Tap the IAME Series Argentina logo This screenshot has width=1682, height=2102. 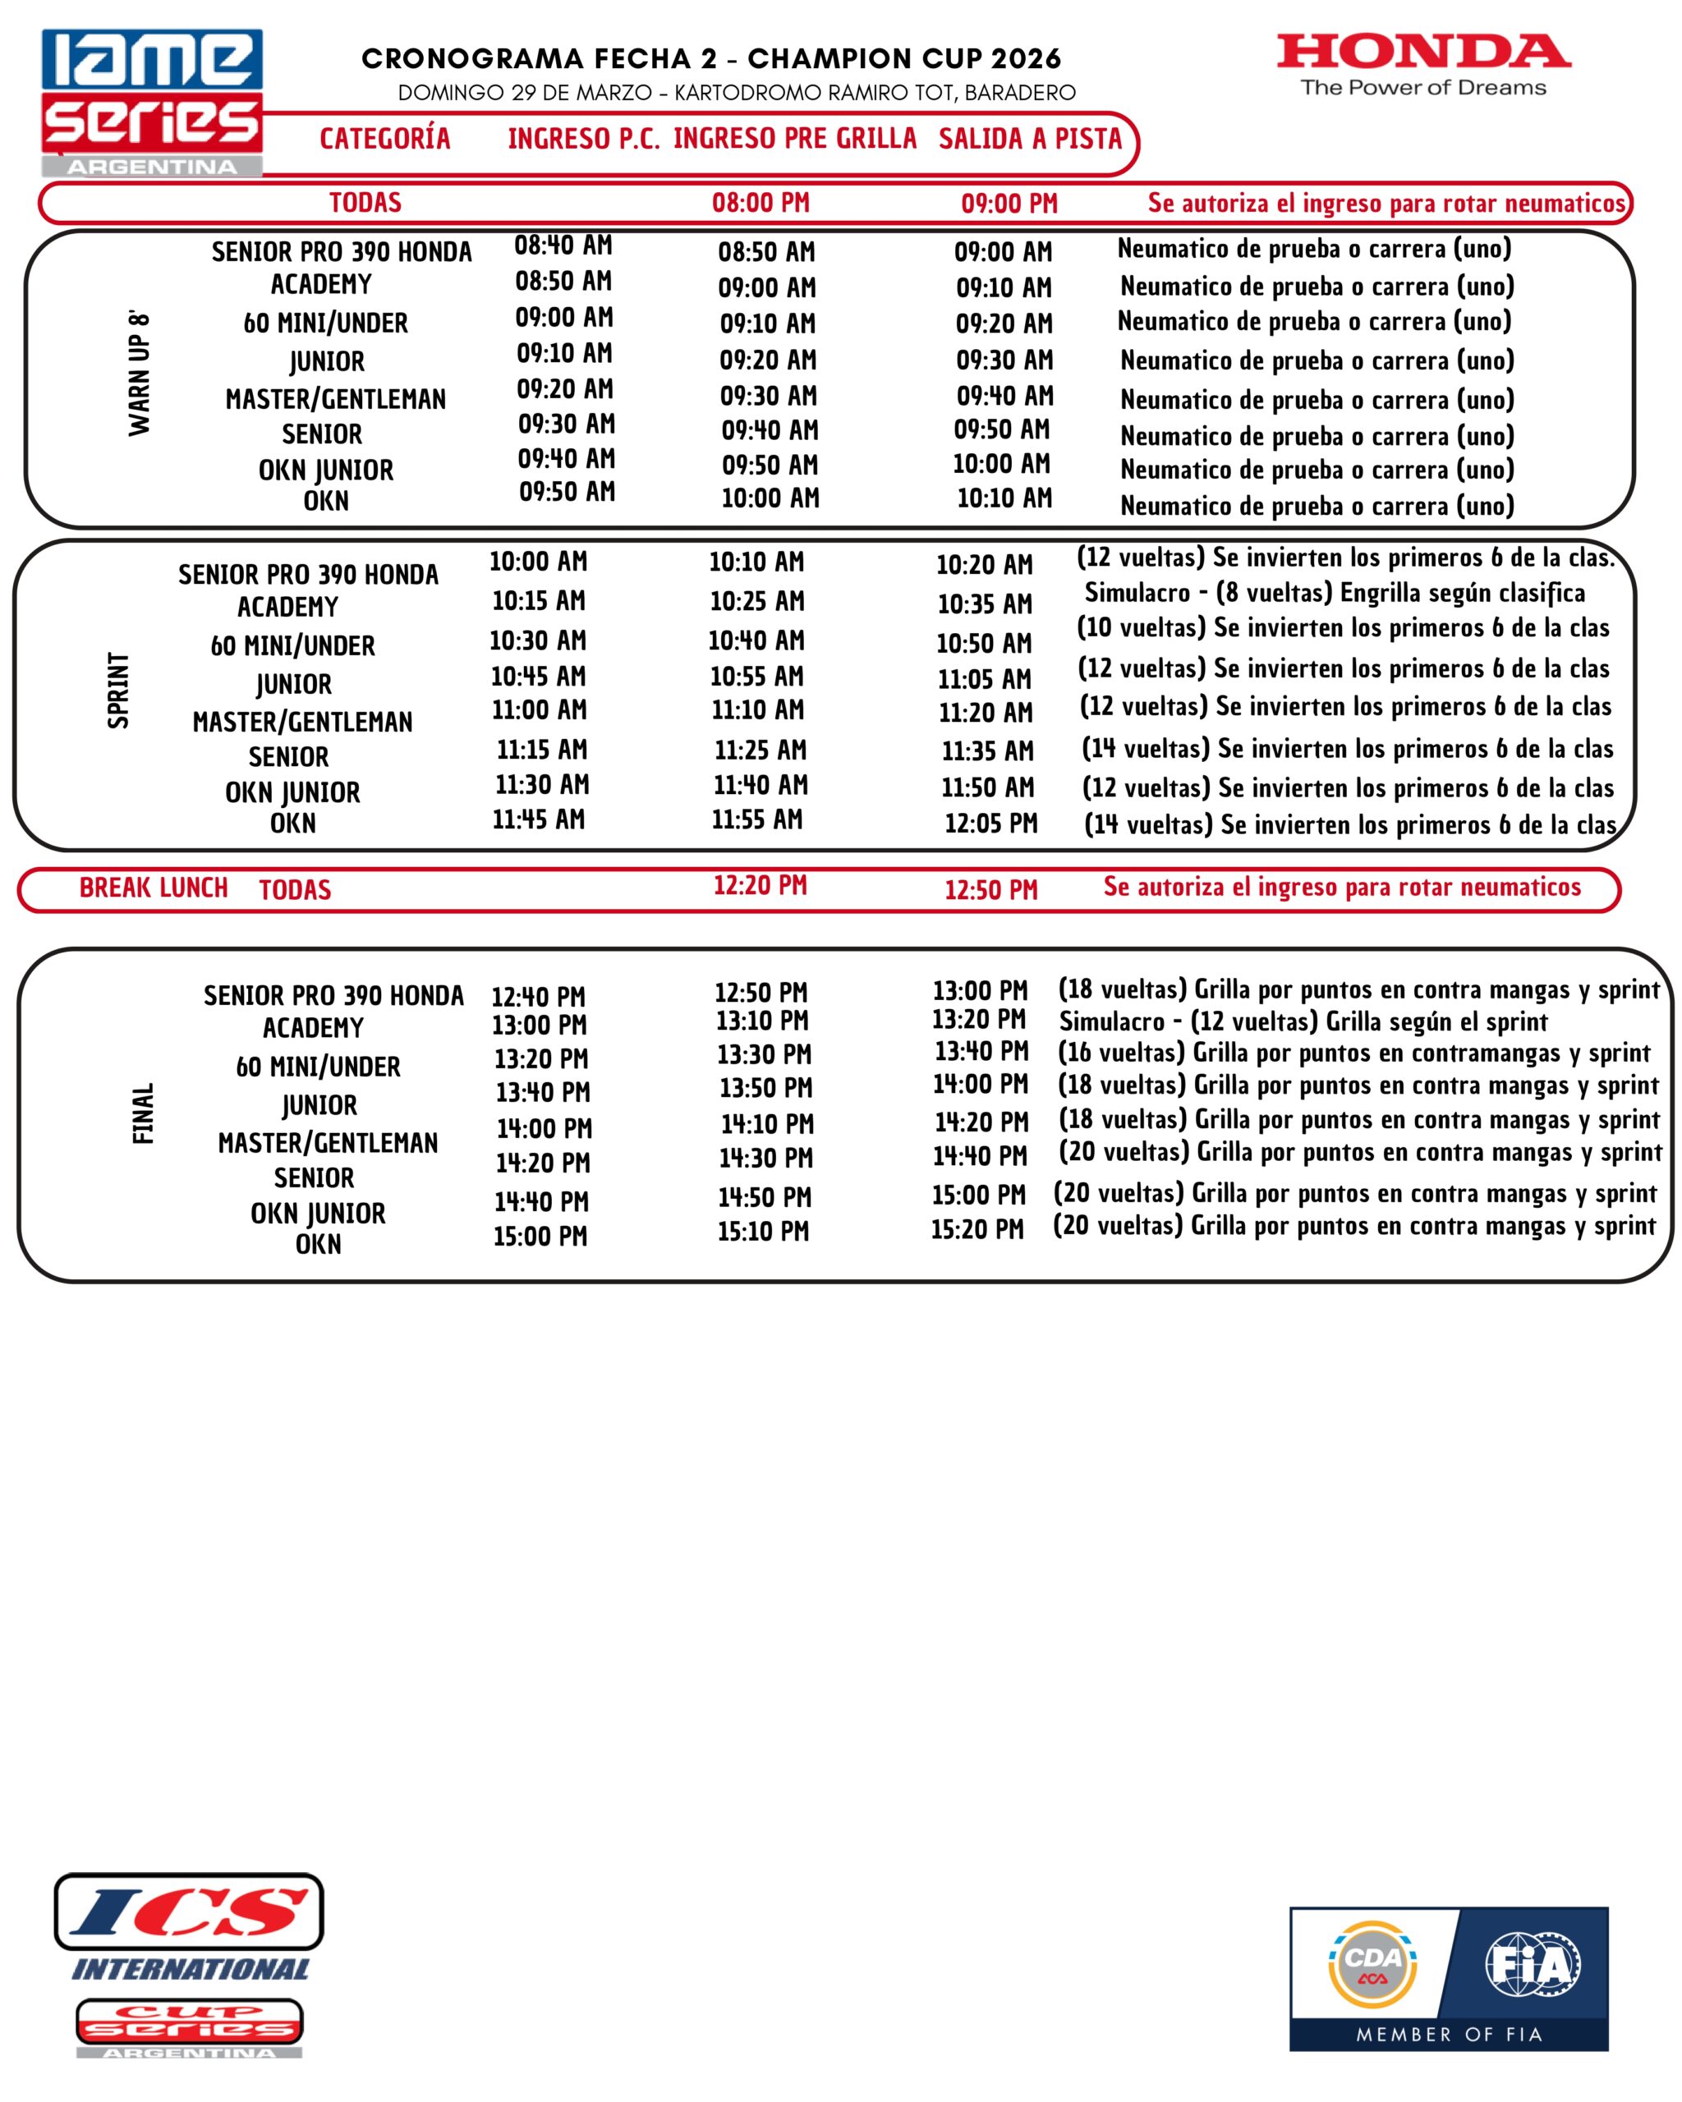click(152, 103)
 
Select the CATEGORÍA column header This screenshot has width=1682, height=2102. click(385, 140)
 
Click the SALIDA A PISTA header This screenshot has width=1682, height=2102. click(1030, 140)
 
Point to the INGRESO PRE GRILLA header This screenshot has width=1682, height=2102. click(795, 140)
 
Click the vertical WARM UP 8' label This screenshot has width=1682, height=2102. click(140, 374)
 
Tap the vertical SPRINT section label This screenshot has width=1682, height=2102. click(118, 691)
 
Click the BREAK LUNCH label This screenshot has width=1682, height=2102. click(153, 888)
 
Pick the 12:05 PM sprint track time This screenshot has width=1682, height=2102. click(990, 824)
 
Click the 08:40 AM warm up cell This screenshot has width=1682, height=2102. click(563, 246)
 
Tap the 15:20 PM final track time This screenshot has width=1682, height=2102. click(977, 1229)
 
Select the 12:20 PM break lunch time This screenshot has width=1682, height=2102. click(761, 885)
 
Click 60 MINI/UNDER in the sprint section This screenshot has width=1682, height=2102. click(292, 646)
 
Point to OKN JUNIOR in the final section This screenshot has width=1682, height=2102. click(318, 1214)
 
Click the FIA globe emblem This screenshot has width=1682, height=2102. click(1532, 1963)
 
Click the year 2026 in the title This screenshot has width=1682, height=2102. click(1026, 59)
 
